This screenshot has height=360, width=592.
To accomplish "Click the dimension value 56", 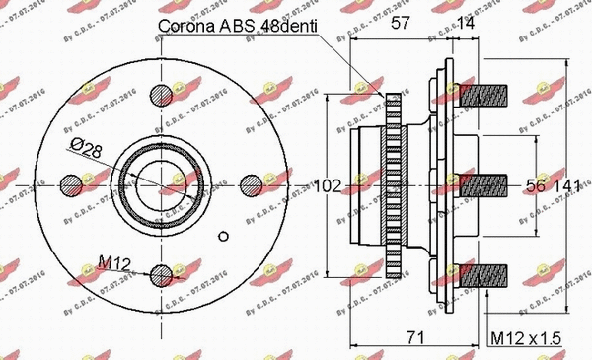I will click(x=536, y=184).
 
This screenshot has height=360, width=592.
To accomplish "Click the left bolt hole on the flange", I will click(x=70, y=184).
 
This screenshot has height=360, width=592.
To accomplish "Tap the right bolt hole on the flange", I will click(x=252, y=184).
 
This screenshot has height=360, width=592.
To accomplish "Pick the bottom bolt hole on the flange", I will click(x=162, y=275).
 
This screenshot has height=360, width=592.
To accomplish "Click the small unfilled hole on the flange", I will click(x=225, y=235).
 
